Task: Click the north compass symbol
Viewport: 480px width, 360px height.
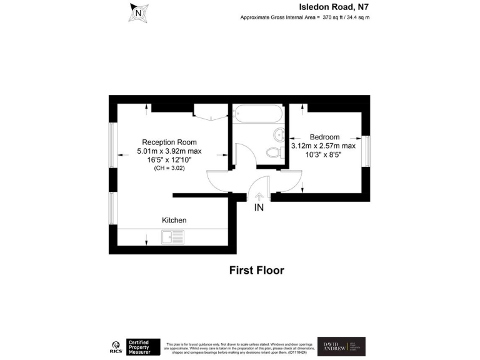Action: (139, 12)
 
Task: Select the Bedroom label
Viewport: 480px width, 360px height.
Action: (324, 137)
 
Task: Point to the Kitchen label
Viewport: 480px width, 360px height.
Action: (174, 220)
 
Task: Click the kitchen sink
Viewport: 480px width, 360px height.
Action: (172, 237)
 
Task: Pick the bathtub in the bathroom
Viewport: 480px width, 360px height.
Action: (259, 115)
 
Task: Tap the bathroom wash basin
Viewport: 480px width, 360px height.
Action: (279, 133)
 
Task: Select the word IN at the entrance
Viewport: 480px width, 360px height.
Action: (259, 208)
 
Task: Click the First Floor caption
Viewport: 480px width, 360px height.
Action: (256, 271)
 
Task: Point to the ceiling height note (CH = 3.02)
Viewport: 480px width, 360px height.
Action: (169, 169)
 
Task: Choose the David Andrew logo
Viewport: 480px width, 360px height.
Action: (341, 346)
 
